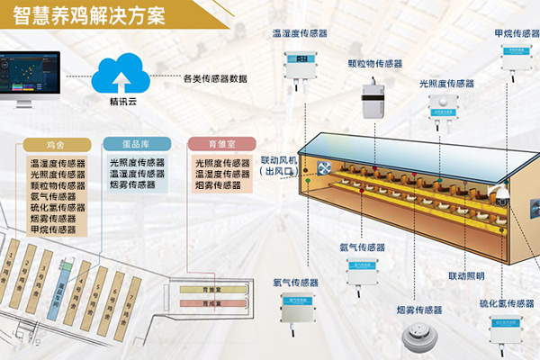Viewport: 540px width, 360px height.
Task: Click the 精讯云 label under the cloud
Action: point(122,101)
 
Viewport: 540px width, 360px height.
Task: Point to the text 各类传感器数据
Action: point(214,78)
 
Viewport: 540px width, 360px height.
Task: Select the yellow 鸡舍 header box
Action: point(57,144)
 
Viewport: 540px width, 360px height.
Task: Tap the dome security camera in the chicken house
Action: point(500,191)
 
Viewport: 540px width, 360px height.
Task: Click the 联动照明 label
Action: point(466,275)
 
